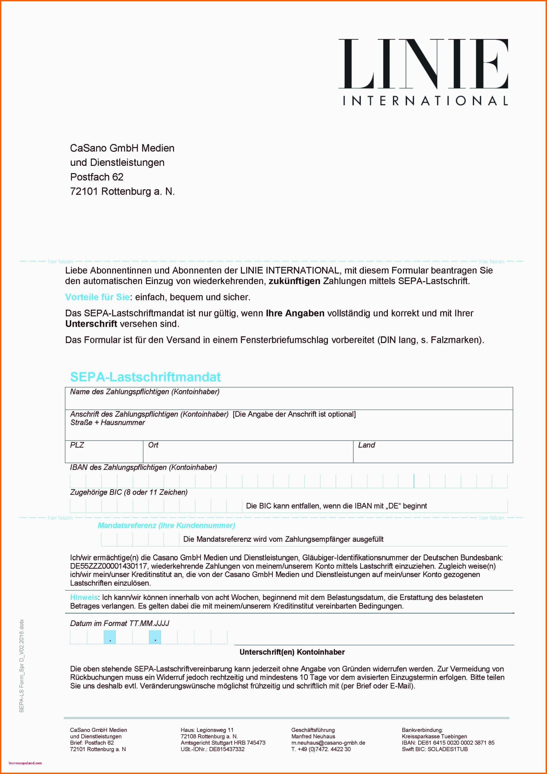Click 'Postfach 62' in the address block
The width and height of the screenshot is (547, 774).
pyautogui.click(x=97, y=177)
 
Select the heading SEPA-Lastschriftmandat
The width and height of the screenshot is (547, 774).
pyautogui.click(x=145, y=377)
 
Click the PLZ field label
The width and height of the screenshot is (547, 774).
pyautogui.click(x=77, y=445)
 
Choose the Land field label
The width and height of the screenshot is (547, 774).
pyautogui.click(x=366, y=445)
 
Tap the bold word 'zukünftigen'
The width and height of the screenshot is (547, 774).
pyautogui.click(x=294, y=281)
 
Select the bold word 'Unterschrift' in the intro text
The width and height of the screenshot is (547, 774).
pyautogui.click(x=91, y=324)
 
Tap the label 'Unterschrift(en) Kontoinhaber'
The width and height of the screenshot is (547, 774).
pyautogui.click(x=292, y=652)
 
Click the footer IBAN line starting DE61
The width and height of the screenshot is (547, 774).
pyautogui.click(x=448, y=743)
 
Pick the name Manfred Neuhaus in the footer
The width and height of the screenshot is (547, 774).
pyautogui.click(x=313, y=736)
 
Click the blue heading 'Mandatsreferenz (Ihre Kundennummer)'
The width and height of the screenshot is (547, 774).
pyautogui.click(x=166, y=525)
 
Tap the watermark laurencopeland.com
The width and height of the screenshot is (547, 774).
pyautogui.click(x=25, y=763)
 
